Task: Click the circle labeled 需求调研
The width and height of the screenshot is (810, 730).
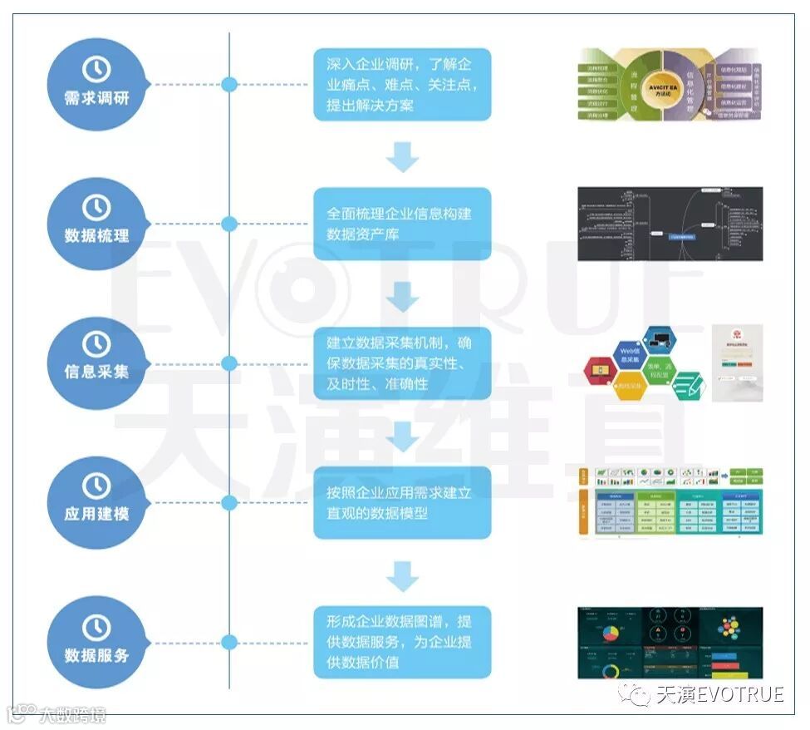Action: click(97, 84)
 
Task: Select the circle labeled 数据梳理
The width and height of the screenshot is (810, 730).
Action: click(97, 223)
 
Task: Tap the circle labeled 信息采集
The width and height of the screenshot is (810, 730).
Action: click(97, 363)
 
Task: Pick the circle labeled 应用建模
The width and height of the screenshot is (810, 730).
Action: click(97, 501)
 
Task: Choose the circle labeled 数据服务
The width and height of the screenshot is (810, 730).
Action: click(97, 641)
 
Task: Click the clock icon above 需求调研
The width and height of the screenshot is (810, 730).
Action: click(97, 68)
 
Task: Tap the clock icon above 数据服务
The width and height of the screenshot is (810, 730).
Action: click(97, 626)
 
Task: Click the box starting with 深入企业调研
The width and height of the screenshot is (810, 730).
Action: click(402, 84)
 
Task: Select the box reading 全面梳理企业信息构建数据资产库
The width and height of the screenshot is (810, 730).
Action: click(402, 224)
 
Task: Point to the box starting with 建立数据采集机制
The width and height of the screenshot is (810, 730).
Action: click(402, 363)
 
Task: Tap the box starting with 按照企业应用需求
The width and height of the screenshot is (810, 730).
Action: click(402, 502)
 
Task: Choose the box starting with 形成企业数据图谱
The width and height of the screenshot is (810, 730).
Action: click(402, 641)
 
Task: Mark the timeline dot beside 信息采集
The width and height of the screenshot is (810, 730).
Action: click(229, 363)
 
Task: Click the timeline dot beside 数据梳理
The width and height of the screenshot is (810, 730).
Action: click(229, 224)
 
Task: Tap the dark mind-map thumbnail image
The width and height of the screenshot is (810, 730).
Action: click(670, 224)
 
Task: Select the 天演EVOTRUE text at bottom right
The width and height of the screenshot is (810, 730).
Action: click(719, 694)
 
